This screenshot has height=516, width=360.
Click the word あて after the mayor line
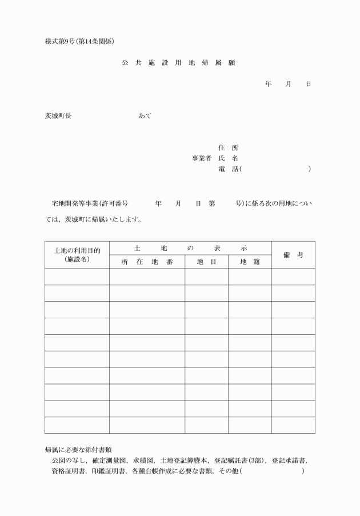pyautogui.click(x=145, y=116)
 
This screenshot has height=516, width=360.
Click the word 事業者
pyautogui.click(x=202, y=158)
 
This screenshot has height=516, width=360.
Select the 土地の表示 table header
pyautogui.click(x=190, y=249)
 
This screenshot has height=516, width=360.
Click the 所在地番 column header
pyautogui.click(x=147, y=262)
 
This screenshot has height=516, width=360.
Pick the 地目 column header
pyautogui.click(x=206, y=262)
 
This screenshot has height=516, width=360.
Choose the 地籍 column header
pyautogui.click(x=250, y=262)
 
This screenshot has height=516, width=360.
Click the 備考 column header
pyautogui.click(x=293, y=255)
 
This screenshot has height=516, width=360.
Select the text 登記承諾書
pyautogui.click(x=288, y=461)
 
